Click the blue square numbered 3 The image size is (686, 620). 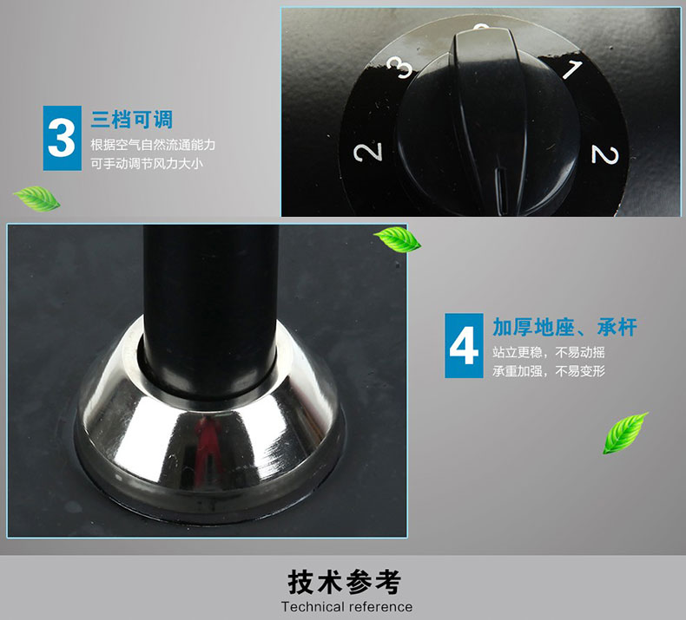(63, 138)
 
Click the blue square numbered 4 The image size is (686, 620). (464, 346)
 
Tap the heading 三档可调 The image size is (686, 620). (132, 120)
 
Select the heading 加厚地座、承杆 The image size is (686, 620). (564, 327)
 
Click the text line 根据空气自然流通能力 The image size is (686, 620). (153, 145)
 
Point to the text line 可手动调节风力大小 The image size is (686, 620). (147, 164)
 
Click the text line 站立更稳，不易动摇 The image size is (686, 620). (549, 352)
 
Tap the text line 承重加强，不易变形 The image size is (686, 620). (549, 371)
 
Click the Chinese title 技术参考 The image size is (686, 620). (345, 582)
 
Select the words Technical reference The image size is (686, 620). (346, 607)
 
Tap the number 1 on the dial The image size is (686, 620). (572, 69)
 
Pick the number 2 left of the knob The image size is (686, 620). (368, 152)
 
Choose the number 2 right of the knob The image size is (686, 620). (605, 155)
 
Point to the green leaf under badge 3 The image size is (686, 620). (36, 199)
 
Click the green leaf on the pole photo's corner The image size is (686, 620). (397, 239)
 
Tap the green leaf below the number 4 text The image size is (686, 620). (624, 433)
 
